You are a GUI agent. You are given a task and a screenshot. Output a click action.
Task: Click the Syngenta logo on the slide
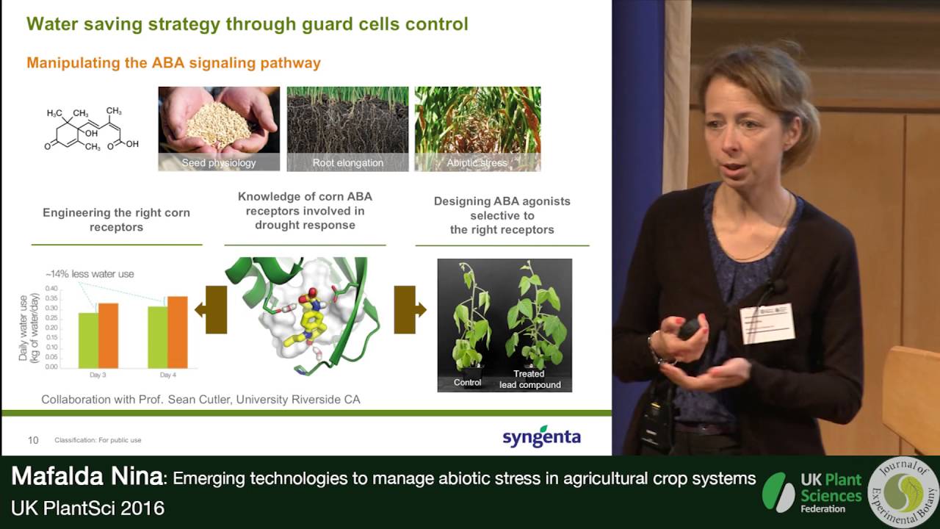pyautogui.click(x=541, y=436)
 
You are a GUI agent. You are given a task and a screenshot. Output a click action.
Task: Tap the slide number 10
pyautogui.click(x=33, y=440)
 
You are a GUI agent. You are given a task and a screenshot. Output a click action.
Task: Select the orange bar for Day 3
pyautogui.click(x=108, y=335)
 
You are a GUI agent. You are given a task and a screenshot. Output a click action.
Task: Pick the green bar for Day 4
pyautogui.click(x=157, y=337)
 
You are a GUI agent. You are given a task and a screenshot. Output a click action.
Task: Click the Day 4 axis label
pyautogui.click(x=167, y=375)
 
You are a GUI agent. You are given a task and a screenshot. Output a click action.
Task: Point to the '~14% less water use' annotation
pyautogui.click(x=90, y=274)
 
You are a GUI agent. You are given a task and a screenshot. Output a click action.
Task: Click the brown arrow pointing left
pyautogui.click(x=211, y=310)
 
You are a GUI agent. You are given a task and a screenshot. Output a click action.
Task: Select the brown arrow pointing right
pyautogui.click(x=409, y=310)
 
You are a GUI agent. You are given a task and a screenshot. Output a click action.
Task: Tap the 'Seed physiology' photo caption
pyautogui.click(x=219, y=162)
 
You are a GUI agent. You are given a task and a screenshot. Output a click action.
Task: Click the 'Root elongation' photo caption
pyautogui.click(x=347, y=162)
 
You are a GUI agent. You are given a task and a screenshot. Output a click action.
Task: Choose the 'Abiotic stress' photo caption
pyautogui.click(x=477, y=162)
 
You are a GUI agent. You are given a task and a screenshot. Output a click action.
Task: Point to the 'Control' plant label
pyautogui.click(x=467, y=382)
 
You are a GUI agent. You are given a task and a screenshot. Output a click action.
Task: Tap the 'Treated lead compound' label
pyautogui.click(x=529, y=379)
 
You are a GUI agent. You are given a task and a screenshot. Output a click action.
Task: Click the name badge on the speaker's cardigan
pyautogui.click(x=767, y=323)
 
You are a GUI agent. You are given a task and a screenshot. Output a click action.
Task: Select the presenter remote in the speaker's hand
pyautogui.click(x=689, y=328)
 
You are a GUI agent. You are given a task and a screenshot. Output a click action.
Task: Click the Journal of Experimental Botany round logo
pyautogui.click(x=903, y=492)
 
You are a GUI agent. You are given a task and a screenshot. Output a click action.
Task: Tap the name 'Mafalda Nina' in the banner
pyautogui.click(x=87, y=478)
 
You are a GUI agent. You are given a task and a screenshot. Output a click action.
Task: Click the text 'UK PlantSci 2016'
pyautogui.click(x=87, y=508)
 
